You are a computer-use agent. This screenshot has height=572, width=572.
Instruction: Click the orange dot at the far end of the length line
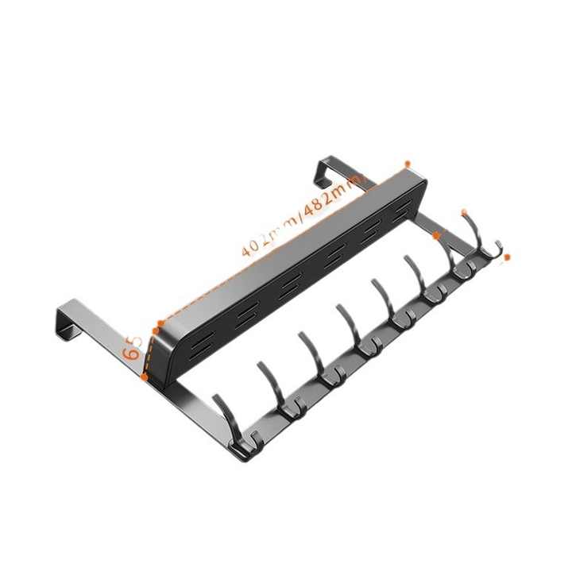click(x=408, y=164)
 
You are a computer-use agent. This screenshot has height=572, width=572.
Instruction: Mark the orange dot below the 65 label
click(x=144, y=377)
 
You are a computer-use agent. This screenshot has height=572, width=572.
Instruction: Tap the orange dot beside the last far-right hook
click(x=507, y=257)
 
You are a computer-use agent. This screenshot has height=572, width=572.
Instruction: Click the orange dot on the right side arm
click(x=436, y=235)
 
